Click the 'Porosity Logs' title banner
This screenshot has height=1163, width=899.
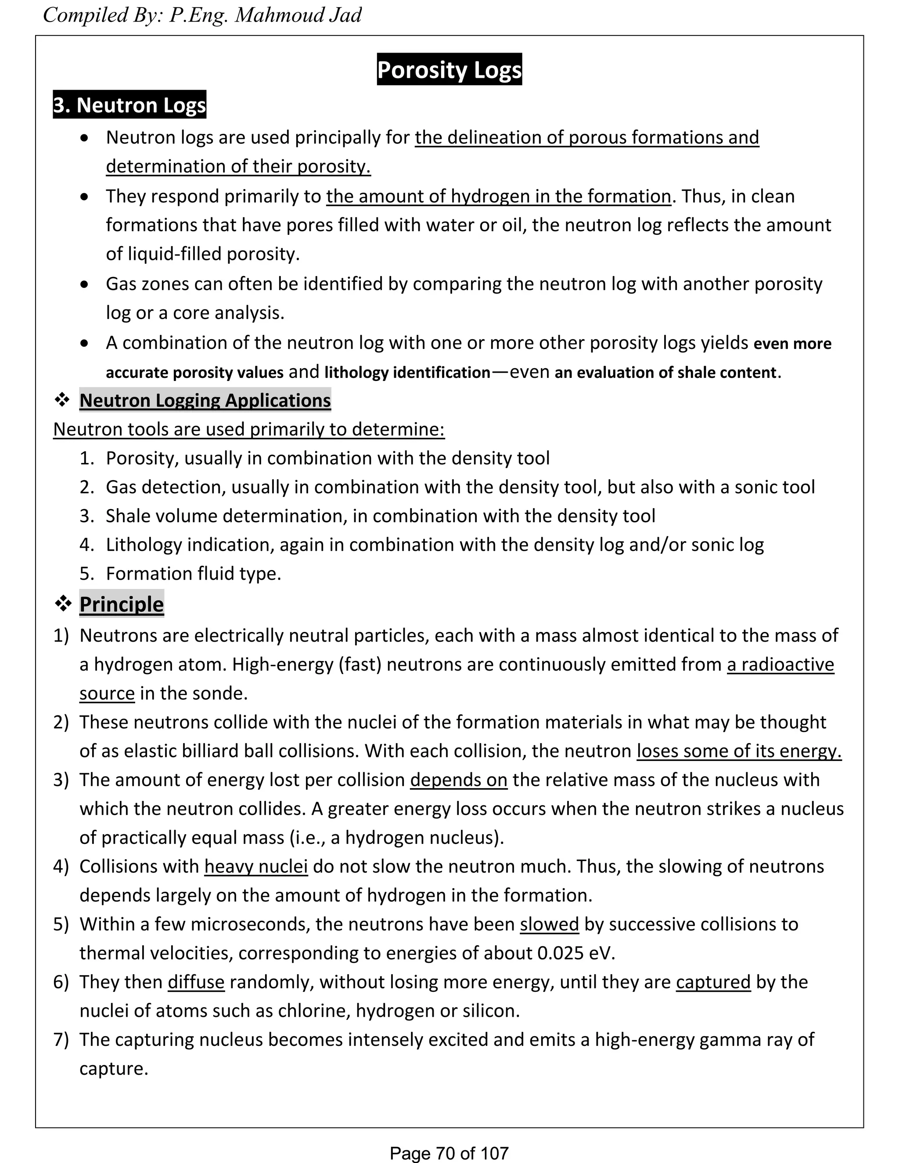pos(449,70)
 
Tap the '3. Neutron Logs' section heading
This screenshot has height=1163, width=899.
pos(129,105)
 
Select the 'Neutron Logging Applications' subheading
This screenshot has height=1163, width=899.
pos(205,400)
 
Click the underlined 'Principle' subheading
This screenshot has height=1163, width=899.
pos(122,604)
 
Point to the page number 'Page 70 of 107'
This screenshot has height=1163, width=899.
pos(449,1153)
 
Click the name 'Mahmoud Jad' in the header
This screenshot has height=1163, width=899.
pos(298,15)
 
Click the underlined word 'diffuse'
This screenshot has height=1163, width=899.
pos(196,981)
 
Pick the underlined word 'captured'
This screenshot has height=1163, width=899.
pos(713,981)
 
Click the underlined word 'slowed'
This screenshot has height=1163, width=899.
pos(549,924)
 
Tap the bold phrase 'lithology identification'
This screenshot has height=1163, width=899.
pos(407,372)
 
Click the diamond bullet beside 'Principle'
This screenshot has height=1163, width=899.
pos(63,604)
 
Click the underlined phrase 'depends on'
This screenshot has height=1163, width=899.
pos(459,779)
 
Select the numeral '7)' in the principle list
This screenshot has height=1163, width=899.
pos(61,1039)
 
